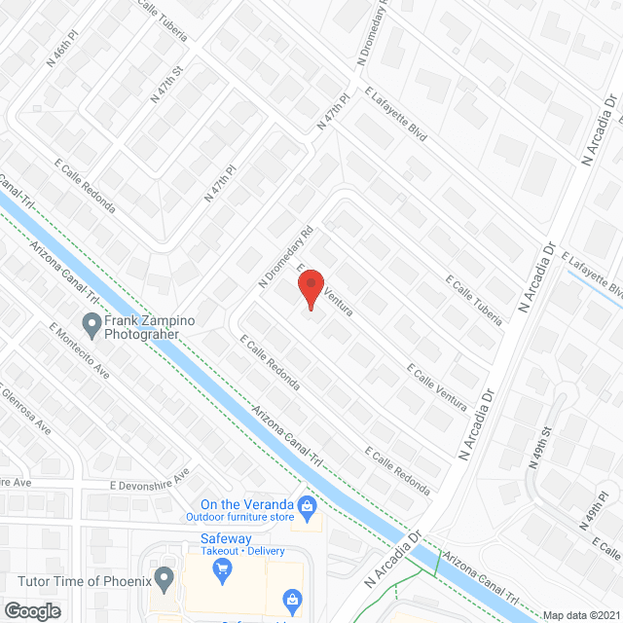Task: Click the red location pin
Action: pos(310,289)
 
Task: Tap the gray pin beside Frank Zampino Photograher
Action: pos(92,322)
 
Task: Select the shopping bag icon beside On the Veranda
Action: pos(307,505)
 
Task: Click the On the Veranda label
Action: pos(247,504)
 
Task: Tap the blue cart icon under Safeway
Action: pos(223,568)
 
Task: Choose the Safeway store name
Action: pos(226,538)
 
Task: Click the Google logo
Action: pos(31,610)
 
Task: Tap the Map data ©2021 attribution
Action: pos(578,615)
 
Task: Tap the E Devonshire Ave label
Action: pos(146,485)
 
